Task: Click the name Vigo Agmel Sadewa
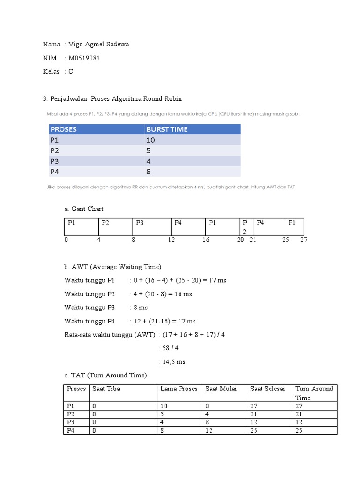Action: point(98,45)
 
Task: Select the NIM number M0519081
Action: point(84,58)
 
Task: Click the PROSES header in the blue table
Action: point(64,129)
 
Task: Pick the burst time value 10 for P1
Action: point(150,140)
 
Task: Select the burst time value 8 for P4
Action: point(149,172)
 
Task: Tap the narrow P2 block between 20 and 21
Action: point(244,227)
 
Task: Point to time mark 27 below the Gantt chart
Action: point(304,240)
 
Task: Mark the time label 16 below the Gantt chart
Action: point(206,240)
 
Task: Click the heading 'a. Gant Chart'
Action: point(84,209)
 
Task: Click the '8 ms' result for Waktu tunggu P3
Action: point(141,307)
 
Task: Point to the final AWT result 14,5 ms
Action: point(173,362)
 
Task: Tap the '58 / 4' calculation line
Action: point(171,348)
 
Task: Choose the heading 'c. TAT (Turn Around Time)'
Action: point(105,375)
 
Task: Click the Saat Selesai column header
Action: point(267,389)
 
